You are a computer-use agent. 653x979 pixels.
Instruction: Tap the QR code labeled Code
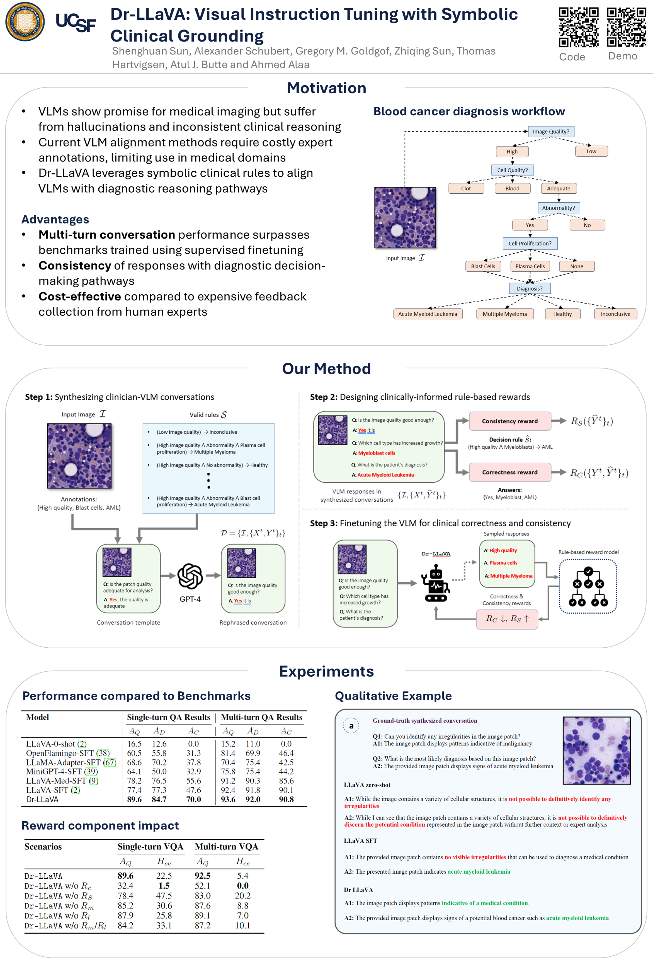[578, 28]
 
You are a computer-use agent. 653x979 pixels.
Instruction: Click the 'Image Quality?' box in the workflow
[551, 132]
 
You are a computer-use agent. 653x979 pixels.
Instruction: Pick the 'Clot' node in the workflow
[466, 189]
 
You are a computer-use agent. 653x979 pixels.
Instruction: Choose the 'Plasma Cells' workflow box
[530, 267]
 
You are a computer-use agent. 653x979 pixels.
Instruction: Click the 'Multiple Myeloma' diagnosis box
[504, 314]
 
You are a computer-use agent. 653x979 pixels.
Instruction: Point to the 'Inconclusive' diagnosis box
[615, 314]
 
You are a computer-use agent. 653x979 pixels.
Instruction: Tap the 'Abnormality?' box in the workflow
[558, 208]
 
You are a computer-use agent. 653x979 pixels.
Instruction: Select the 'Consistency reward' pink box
[510, 421]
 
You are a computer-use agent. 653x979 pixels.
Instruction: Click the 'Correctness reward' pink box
[510, 472]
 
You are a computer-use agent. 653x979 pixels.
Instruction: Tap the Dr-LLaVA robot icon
[436, 583]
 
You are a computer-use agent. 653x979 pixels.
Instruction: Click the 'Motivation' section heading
[326, 88]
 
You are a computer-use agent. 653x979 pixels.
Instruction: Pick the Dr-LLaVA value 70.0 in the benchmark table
[194, 799]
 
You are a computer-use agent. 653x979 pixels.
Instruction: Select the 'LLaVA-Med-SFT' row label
[56, 781]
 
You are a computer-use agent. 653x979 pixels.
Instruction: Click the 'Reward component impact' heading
[100, 825]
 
